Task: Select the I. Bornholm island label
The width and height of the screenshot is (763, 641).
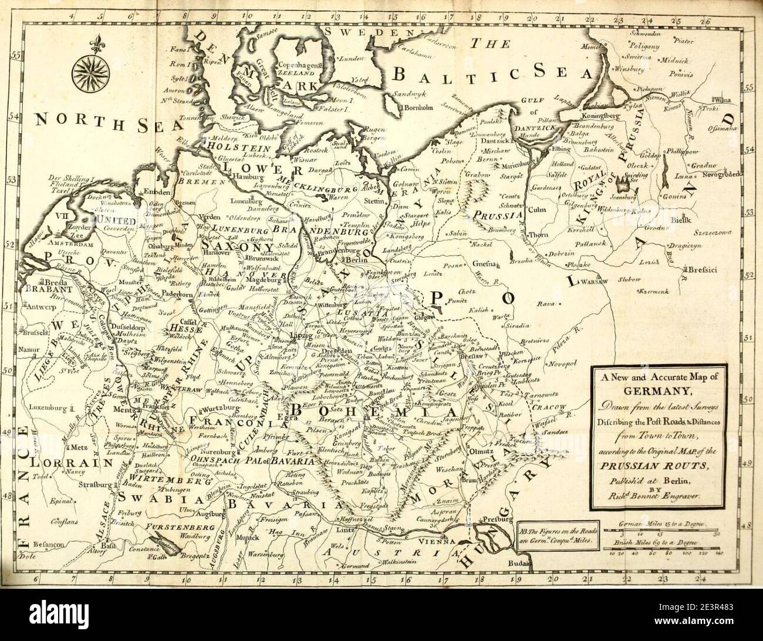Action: point(416,107)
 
